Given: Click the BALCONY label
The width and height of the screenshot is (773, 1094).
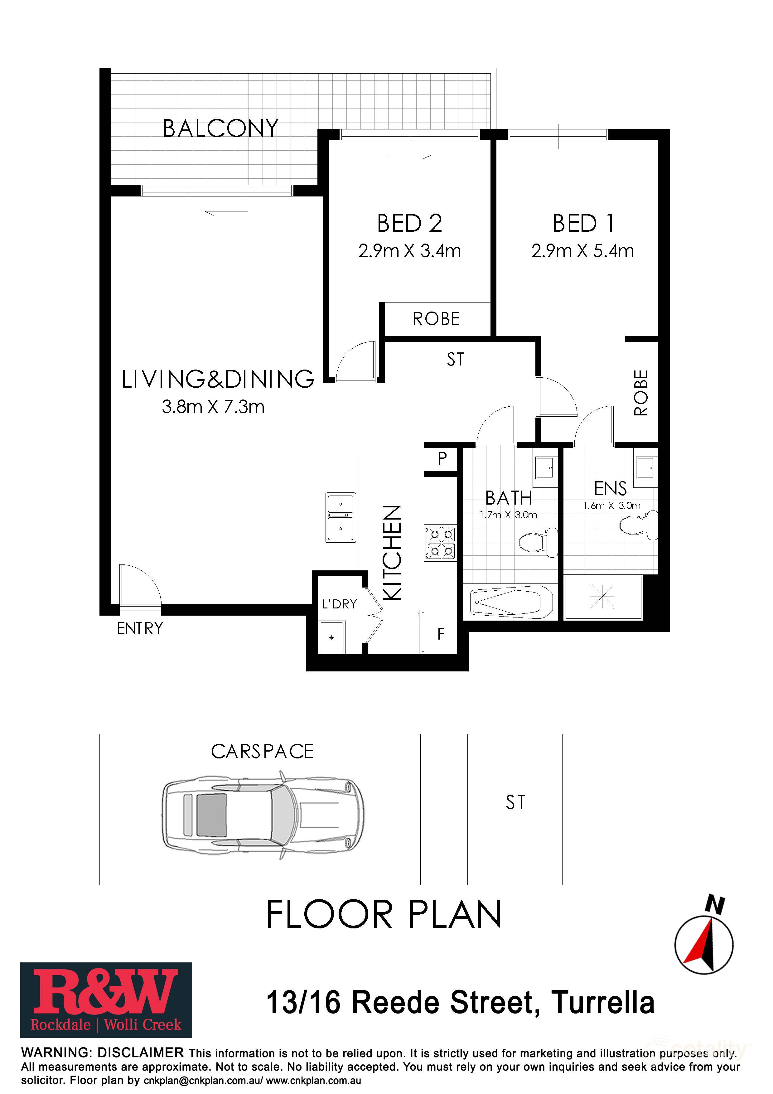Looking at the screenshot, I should point(220,129).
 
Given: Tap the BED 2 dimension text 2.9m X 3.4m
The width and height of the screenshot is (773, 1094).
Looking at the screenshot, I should point(410,251).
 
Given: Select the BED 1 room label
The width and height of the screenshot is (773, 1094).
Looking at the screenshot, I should point(583,224).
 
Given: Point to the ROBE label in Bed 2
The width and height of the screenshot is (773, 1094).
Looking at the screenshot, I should point(436,319).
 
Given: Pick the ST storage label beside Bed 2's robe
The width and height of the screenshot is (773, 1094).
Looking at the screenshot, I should point(455,359).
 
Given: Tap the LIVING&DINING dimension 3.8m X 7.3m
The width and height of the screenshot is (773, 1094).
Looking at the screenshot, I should point(213,407).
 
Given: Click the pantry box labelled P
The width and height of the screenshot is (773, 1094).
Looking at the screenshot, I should point(442,459).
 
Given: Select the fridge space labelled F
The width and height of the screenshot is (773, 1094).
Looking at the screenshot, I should point(441,634).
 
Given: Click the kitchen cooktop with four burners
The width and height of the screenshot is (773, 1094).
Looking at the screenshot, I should point(440,542).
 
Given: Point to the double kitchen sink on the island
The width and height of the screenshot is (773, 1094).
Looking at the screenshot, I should point(341,517).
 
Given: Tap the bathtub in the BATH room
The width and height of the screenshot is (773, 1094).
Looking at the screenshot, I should point(511,602).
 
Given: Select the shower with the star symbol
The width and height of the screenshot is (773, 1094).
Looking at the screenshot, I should point(602,598).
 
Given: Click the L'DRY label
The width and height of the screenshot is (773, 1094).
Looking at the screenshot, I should point(339,604).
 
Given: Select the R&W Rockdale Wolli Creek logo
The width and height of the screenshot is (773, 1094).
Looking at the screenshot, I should point(106,1000).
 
